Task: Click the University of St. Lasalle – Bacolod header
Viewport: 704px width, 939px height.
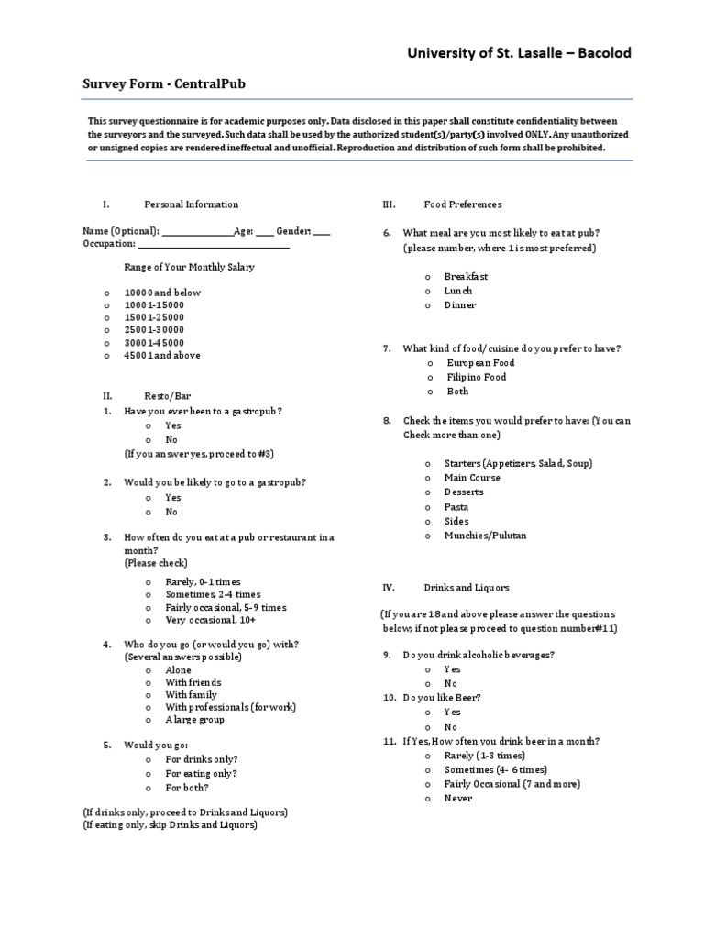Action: click(519, 53)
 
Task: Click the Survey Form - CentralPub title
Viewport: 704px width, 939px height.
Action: click(164, 84)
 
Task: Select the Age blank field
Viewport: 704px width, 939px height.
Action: click(264, 232)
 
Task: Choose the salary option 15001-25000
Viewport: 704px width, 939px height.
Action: click(154, 317)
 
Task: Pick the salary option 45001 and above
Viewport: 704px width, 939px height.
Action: click(161, 355)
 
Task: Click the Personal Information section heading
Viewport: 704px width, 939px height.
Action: click(191, 204)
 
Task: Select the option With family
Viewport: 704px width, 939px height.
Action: click(191, 695)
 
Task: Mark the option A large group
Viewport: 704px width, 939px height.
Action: click(194, 720)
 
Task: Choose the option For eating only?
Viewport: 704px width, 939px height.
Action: click(201, 774)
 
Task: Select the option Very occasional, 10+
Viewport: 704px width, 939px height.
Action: click(210, 620)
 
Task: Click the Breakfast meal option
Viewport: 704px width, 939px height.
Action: click(466, 276)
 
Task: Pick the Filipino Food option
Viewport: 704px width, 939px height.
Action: click(476, 377)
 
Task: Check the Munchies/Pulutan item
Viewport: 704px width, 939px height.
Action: click(485, 536)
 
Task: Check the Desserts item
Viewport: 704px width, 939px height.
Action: click(464, 492)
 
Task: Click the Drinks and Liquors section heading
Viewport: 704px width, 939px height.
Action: click(466, 587)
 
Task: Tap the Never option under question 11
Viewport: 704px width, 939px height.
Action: click(458, 799)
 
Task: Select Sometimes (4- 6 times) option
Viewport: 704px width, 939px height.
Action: click(495, 769)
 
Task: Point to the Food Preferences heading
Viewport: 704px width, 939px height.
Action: click(462, 204)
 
